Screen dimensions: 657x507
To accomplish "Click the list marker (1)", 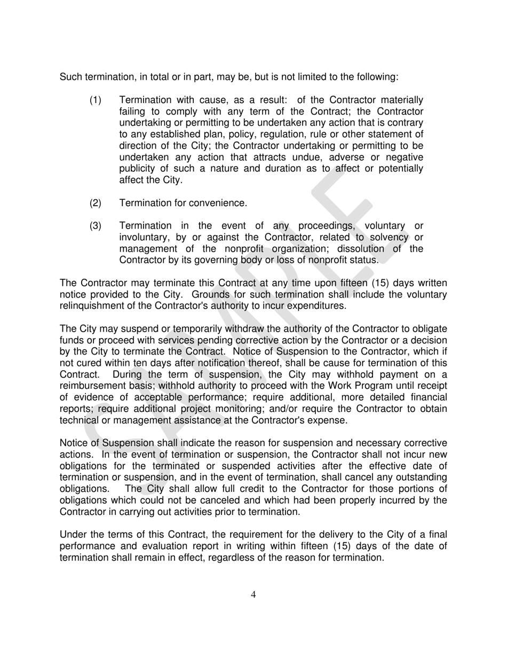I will [x=95, y=100].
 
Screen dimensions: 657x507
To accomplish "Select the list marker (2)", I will [x=95, y=203].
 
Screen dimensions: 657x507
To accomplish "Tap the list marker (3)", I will [x=95, y=226].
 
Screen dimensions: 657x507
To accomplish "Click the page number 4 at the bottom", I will [x=253, y=595].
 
